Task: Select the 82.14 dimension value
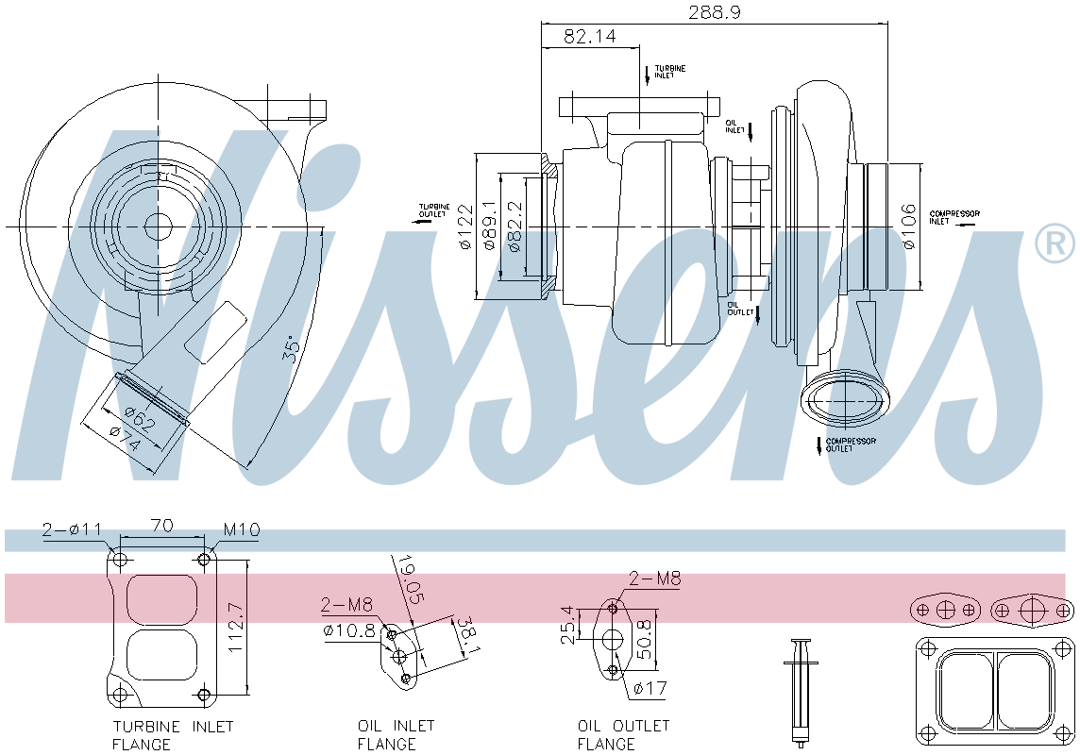click(x=589, y=37)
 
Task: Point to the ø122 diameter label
click(x=465, y=227)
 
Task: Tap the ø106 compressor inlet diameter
click(x=908, y=226)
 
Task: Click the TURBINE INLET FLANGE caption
click(x=173, y=735)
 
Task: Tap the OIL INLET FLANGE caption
click(x=396, y=735)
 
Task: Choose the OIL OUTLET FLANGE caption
click(x=623, y=735)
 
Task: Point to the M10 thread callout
click(x=241, y=530)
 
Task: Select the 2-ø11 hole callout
click(x=71, y=530)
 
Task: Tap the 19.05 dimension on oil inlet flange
click(x=410, y=579)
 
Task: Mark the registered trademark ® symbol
click(x=1055, y=243)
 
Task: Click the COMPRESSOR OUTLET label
click(x=851, y=445)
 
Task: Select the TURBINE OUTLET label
click(x=434, y=210)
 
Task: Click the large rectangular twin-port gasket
click(x=995, y=689)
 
